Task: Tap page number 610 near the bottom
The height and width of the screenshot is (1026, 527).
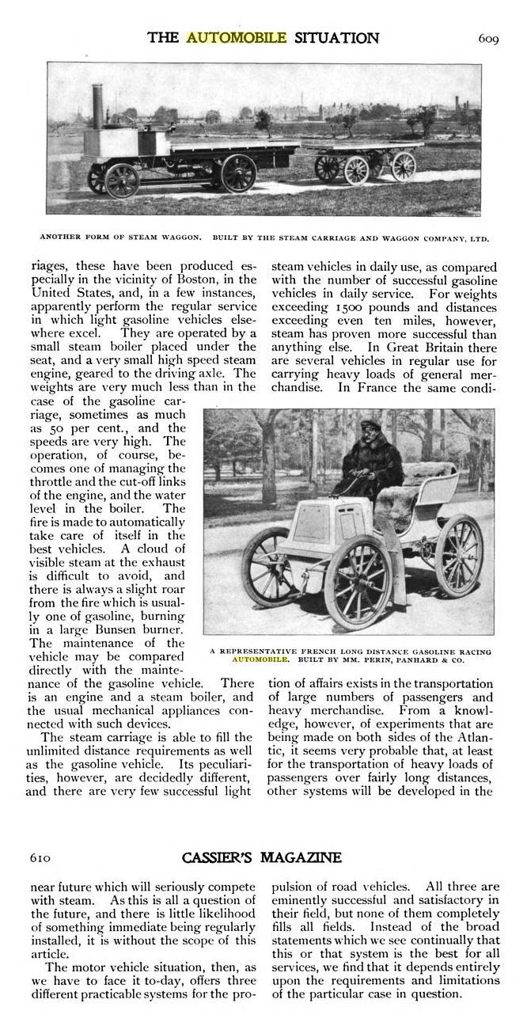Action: point(41,858)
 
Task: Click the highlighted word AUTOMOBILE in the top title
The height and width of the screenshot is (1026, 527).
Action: point(225,37)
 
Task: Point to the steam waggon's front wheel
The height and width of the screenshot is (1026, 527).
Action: point(121,180)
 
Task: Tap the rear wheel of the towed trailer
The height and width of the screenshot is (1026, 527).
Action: point(404,166)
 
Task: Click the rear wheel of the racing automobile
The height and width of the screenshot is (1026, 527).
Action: point(459,555)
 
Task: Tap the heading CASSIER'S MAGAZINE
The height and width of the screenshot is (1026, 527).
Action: point(262,858)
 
